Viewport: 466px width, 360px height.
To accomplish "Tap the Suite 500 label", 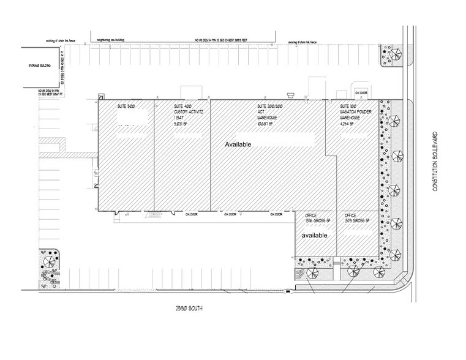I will (126, 107).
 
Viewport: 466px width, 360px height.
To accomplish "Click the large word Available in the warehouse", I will (239, 144).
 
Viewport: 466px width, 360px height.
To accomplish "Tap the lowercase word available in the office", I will (314, 235).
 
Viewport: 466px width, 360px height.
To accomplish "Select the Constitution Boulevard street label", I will (437, 160).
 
